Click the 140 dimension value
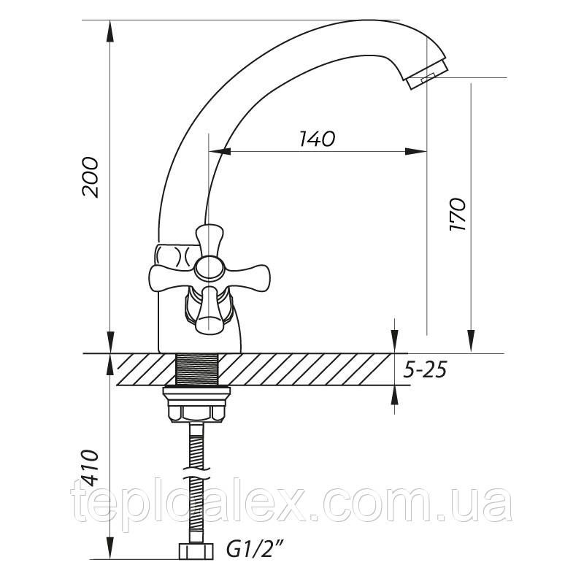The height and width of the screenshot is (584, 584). point(317,139)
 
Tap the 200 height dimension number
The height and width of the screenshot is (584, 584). point(90,177)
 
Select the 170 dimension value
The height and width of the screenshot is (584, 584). point(458,214)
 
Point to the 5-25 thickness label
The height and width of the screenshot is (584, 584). point(425,370)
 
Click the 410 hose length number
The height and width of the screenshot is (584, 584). point(90,469)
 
